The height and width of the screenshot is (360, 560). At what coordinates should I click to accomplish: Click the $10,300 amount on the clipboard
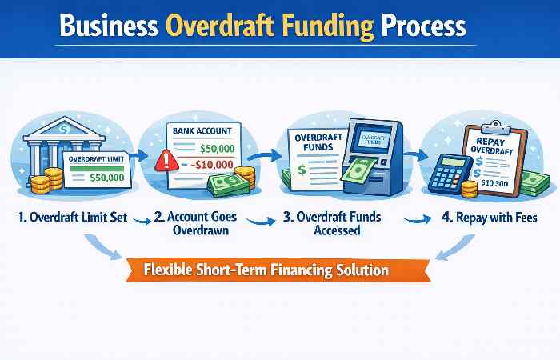(x=494, y=182)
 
